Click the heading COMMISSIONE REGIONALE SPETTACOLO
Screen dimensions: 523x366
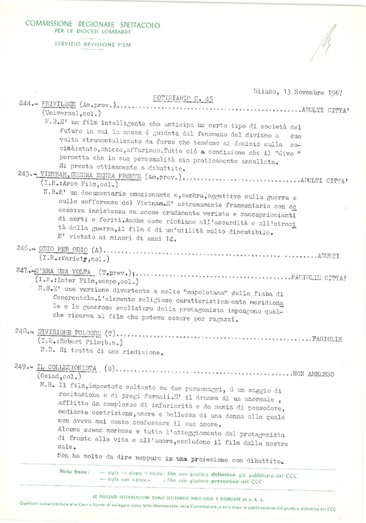click(92, 24)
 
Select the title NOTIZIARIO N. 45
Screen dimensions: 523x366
click(183, 98)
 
